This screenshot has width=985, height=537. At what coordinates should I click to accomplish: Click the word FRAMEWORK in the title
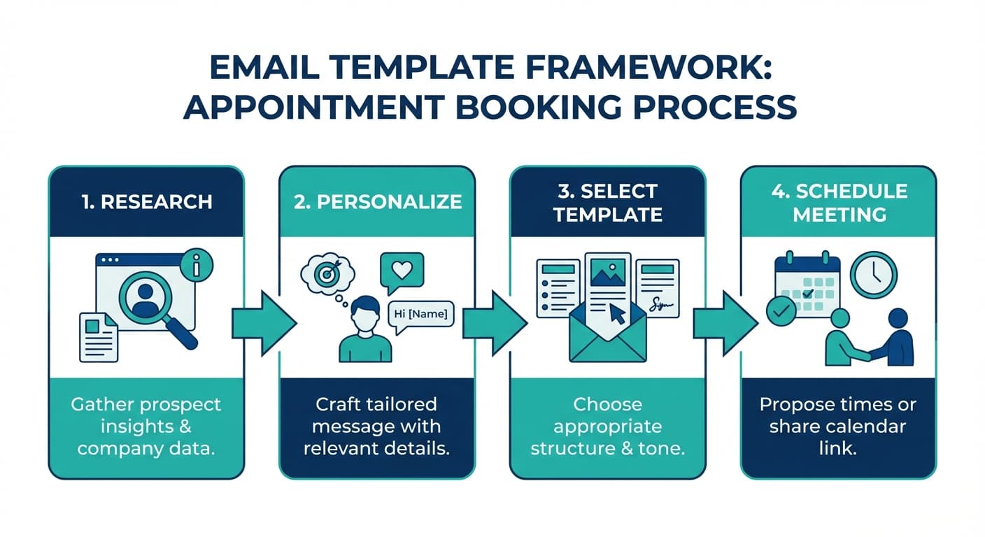tap(649, 68)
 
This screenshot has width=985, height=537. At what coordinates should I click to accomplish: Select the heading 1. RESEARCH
tap(147, 202)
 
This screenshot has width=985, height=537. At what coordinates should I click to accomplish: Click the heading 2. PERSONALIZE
tap(377, 202)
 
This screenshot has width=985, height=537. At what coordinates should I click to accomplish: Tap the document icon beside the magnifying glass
tap(99, 338)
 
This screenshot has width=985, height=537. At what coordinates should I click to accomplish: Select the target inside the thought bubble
tap(327, 273)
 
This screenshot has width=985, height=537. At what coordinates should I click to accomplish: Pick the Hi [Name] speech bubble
tap(421, 315)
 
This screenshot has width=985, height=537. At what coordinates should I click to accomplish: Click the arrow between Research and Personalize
tap(264, 323)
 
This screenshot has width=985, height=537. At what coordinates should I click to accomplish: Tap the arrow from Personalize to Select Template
tap(495, 323)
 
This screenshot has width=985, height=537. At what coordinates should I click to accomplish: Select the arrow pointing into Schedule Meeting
tap(725, 323)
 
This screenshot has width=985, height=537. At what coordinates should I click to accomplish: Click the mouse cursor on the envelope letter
tap(618, 314)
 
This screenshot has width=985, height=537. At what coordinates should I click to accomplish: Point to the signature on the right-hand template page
tap(658, 304)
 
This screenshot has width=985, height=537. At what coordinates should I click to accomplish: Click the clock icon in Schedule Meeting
tap(873, 275)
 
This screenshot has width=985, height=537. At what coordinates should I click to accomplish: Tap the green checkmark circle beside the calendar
tap(781, 311)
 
